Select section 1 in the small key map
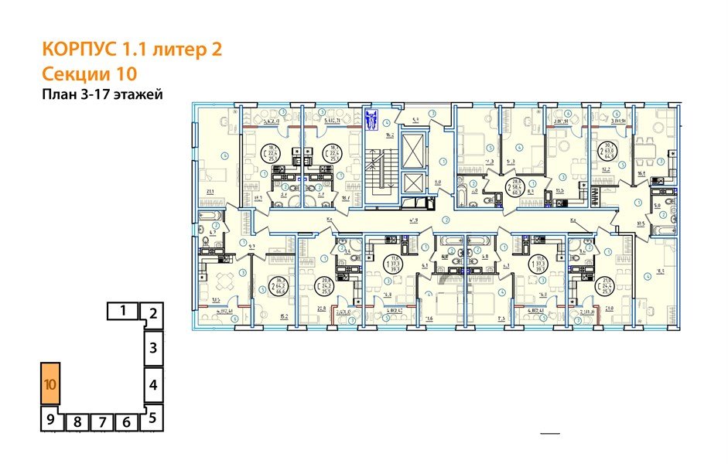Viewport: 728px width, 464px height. coord(123,312)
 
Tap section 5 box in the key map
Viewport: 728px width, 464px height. coord(153,418)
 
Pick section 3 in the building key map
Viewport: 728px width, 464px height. coord(153,347)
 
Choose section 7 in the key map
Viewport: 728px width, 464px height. coord(101,422)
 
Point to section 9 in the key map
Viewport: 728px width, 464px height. coord(50,421)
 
